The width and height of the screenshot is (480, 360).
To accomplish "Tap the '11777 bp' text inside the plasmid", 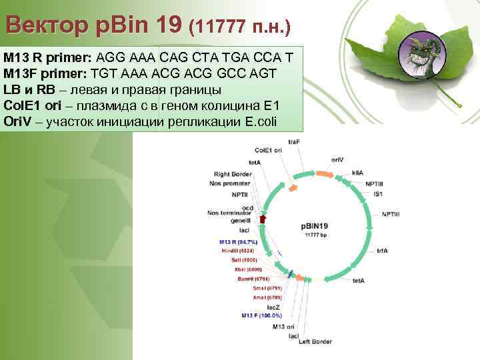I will pyautogui.click(x=316, y=235).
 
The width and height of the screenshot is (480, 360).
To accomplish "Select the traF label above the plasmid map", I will pyautogui.click(x=294, y=141).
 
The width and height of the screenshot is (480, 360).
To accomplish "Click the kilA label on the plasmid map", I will pyautogui.click(x=357, y=172).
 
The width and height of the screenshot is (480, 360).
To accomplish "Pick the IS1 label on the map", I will pyautogui.click(x=377, y=193).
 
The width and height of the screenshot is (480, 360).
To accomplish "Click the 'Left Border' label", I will pyautogui.click(x=315, y=342).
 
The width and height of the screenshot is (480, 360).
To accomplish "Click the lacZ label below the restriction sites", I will pyautogui.click(x=275, y=305).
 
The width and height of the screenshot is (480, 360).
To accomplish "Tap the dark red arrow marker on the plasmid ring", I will pyautogui.click(x=263, y=218).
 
